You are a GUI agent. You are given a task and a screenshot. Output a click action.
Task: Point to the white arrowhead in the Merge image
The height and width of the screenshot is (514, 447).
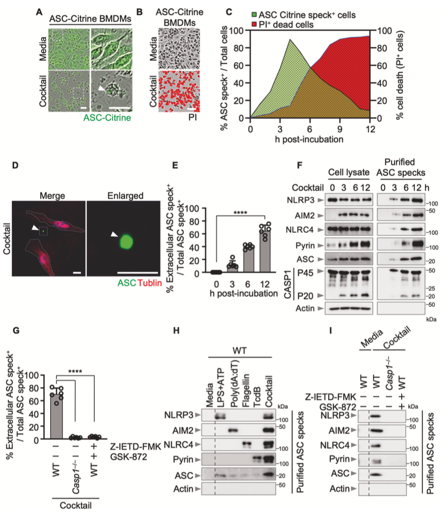[x=35, y=228]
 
